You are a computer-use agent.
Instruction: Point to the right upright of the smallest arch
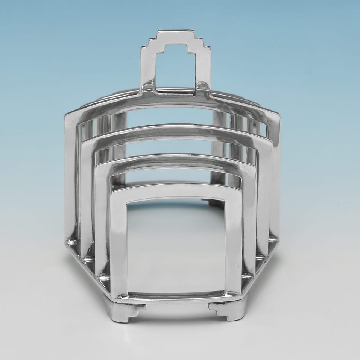(x=233, y=245)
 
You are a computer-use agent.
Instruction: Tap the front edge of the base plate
(x=176, y=297)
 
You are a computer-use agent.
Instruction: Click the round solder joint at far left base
(x=71, y=241)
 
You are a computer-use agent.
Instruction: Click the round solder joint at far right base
(x=273, y=239)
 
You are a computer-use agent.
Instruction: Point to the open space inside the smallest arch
(x=176, y=245)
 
